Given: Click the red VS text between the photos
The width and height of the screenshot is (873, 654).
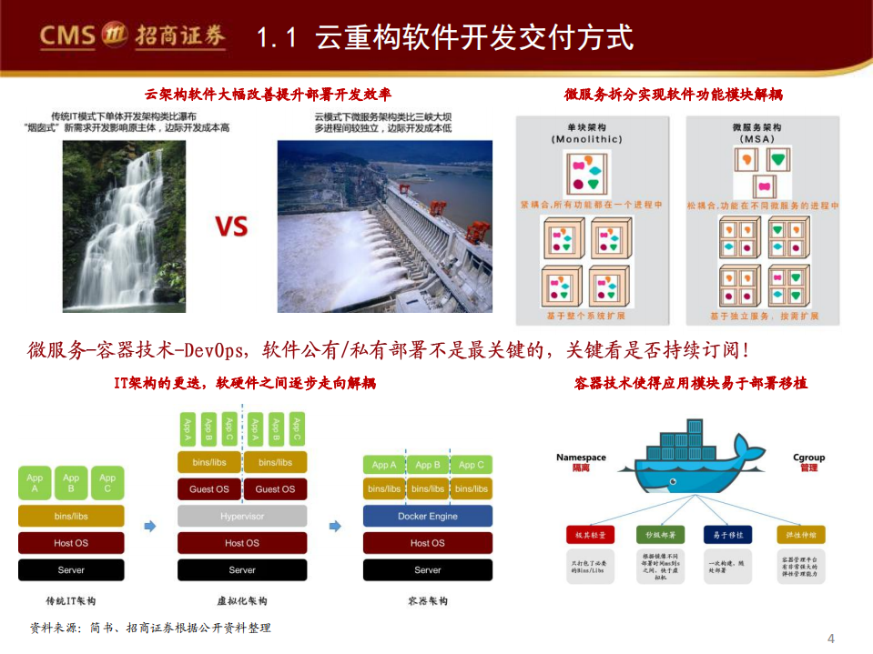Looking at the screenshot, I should [231, 226].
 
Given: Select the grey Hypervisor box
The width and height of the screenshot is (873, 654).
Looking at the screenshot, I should [242, 516].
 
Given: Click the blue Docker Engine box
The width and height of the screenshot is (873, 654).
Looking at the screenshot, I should [427, 516].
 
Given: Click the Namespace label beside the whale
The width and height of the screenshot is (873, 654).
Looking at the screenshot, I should [581, 458].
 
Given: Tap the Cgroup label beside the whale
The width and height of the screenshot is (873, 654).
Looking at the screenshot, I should [808, 458].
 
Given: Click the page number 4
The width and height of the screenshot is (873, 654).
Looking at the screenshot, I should [830, 637].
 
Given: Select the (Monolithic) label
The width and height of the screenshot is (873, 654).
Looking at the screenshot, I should [586, 139].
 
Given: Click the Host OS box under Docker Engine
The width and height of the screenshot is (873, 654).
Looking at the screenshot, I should [427, 543].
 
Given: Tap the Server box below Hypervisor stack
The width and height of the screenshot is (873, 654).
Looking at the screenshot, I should [242, 570].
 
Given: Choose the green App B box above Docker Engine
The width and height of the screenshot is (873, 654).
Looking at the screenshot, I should [427, 465].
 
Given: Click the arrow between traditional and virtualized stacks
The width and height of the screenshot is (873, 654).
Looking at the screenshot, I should [151, 526].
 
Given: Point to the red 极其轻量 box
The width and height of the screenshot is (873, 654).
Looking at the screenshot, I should [589, 535].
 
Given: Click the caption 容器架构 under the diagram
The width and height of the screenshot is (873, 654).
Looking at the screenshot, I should [427, 601].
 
